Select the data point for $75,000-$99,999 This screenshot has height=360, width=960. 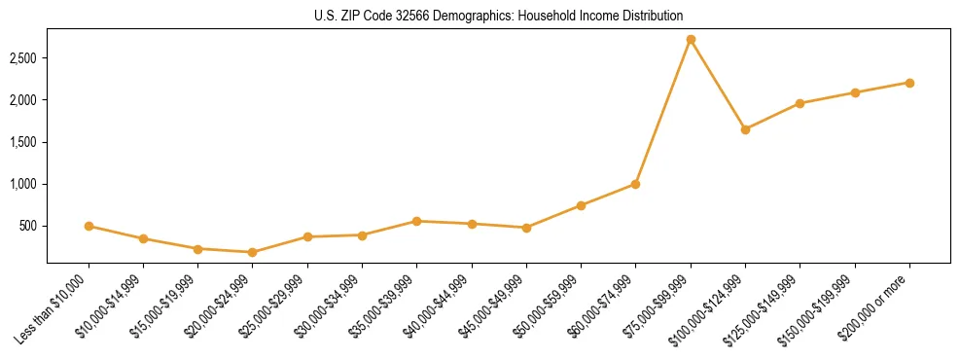pos(691,40)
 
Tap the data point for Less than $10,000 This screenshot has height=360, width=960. pos(89,226)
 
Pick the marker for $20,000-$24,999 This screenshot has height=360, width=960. pos(253,252)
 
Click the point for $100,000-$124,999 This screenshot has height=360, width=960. pos(745,129)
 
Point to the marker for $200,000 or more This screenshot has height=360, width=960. pos(909,83)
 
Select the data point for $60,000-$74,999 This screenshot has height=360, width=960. pos(635,184)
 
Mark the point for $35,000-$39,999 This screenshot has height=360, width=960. pos(416,221)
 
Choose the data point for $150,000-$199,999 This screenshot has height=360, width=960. pos(855,92)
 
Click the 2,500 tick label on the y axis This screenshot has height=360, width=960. pos(22,58)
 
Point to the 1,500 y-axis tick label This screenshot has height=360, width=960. pos(22,142)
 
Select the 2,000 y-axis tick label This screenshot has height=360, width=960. pos(22,100)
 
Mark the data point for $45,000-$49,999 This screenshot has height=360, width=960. pos(526,228)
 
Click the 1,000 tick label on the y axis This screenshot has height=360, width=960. pos(22,184)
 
